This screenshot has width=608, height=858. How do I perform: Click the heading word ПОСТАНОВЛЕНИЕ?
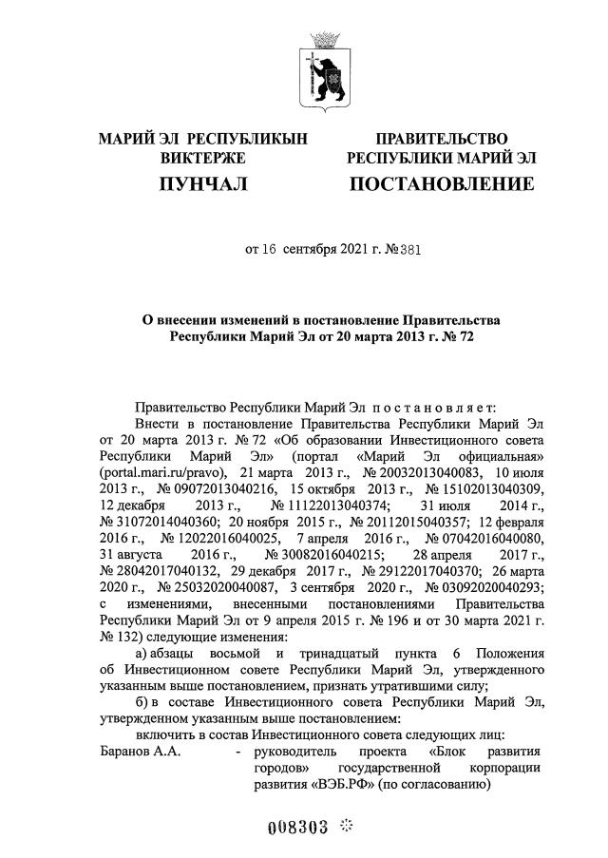[442, 182]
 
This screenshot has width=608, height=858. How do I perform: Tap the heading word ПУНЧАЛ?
[203, 182]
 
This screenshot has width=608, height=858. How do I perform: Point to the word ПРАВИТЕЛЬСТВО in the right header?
[442, 139]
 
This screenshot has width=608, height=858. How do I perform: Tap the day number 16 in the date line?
[268, 251]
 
